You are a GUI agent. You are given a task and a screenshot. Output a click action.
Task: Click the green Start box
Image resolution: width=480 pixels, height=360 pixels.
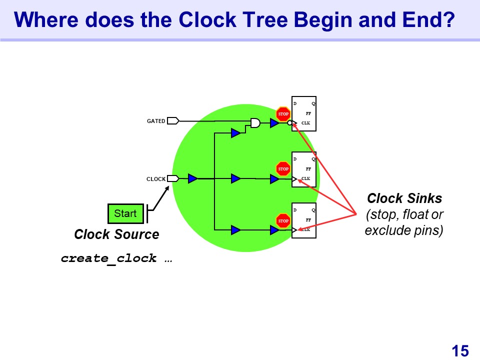pos(125,213)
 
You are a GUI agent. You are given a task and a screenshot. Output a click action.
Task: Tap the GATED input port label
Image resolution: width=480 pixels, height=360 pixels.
pos(156,121)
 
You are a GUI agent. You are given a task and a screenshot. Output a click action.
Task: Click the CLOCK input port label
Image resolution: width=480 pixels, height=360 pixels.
pos(156,179)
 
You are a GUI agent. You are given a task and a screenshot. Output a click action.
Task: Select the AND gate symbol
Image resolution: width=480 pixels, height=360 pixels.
pos(255,122)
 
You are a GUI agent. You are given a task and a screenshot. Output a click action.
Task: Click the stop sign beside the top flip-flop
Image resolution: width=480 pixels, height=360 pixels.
pos(283,114)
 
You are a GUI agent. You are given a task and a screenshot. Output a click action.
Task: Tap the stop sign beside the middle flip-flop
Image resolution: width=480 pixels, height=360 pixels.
pos(283,169)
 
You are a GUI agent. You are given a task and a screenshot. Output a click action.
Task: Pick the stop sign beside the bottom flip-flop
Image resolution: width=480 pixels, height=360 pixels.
pos(283,220)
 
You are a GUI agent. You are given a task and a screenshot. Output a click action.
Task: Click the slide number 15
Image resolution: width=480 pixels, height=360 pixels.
pos(460,350)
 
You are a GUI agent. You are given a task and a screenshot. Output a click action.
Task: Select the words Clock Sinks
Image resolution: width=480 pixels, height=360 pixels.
pos(404,198)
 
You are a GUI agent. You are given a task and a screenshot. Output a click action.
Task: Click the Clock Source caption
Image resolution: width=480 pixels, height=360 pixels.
pos(116,234)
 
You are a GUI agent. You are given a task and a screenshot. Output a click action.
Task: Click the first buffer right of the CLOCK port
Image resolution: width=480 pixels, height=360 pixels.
pos(193,178)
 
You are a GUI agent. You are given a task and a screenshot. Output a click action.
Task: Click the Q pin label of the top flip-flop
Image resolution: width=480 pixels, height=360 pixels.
pos(313,104)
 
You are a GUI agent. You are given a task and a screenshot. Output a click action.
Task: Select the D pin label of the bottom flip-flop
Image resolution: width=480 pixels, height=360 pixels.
pos(295,210)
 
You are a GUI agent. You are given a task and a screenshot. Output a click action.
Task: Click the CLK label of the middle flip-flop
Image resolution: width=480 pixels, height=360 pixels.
pos(306,178)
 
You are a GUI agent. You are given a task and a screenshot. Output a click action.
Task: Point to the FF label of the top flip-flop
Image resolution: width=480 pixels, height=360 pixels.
pos(308,113)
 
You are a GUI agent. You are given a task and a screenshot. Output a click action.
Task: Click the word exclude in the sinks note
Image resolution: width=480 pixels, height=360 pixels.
pos(383,231)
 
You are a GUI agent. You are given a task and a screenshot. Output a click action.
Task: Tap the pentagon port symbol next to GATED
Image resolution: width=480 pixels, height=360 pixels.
pos(173,120)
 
